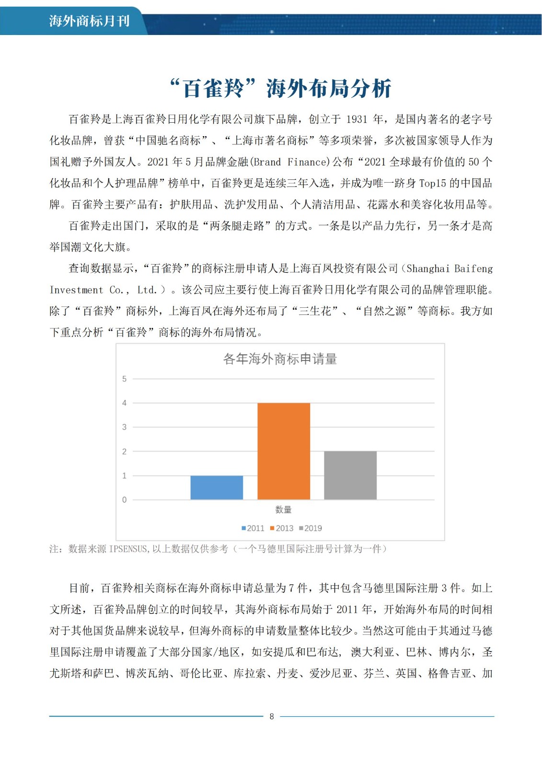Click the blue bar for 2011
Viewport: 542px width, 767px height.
217,488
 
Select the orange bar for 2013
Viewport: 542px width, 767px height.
284,451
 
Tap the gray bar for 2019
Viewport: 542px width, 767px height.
350,475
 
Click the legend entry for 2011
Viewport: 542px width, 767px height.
253,528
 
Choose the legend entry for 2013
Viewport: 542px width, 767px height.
282,528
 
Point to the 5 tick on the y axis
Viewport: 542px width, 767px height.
125,379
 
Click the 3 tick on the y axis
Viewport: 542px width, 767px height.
125,427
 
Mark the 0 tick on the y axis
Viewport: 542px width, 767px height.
125,500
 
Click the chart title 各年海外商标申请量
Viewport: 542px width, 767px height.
280,359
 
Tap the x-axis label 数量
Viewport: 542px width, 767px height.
283,510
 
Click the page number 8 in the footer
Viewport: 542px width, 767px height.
272,717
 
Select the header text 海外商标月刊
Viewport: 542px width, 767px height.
89,21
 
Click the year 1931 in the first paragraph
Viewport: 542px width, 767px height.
357,119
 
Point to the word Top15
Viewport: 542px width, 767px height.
432,183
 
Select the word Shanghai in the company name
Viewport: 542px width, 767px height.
427,268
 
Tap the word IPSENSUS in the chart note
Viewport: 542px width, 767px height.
129,549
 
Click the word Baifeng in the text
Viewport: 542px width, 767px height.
473,268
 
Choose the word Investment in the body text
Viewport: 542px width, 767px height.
76,290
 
